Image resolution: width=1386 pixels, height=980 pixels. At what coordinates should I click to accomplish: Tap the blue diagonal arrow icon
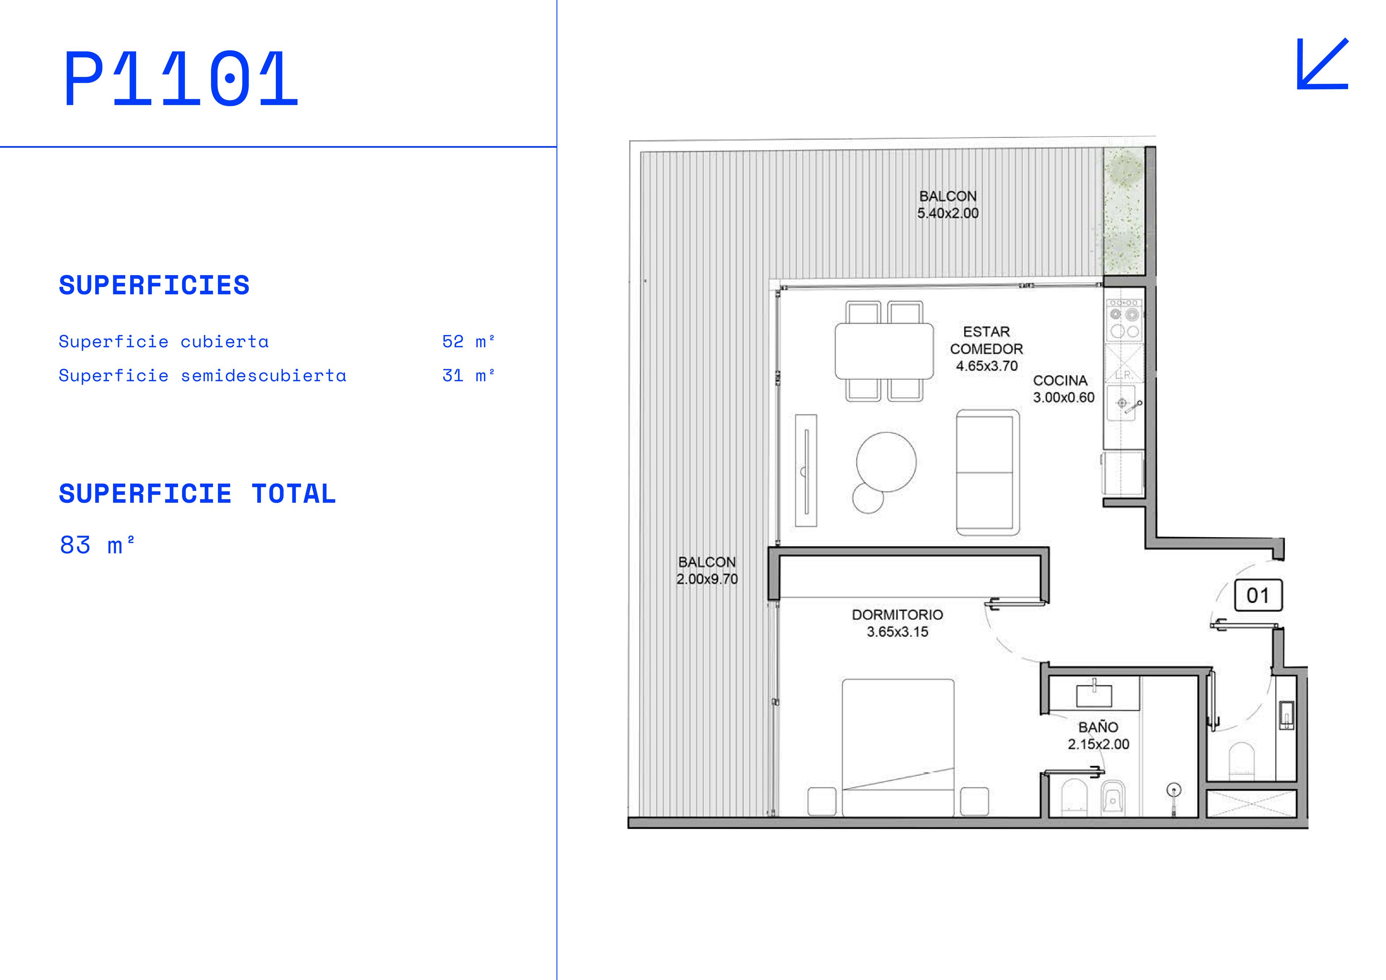click(x=1322, y=64)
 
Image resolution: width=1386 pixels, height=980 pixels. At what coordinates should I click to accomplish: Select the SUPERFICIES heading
click(x=154, y=285)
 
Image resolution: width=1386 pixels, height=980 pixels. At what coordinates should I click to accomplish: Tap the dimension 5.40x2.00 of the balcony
click(x=948, y=213)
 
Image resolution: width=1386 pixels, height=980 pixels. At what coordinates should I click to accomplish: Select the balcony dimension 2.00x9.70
click(x=707, y=579)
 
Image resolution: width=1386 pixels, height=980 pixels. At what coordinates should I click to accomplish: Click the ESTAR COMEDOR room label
click(x=986, y=340)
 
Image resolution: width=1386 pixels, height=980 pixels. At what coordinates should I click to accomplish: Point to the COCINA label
click(x=1060, y=380)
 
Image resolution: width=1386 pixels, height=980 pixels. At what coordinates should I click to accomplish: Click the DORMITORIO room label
click(x=897, y=615)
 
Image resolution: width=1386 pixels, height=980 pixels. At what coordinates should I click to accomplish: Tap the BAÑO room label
click(x=1098, y=727)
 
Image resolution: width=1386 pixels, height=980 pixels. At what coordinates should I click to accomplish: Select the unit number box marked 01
click(x=1258, y=595)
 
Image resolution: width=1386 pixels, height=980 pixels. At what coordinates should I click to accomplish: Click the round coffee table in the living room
click(x=886, y=462)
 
